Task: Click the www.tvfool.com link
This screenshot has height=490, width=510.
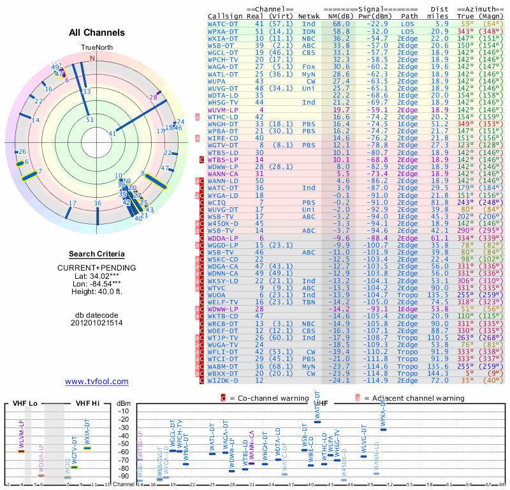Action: tap(97, 382)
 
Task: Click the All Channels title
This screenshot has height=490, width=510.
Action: tap(97, 33)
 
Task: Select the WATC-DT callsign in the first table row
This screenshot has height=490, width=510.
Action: tap(223, 24)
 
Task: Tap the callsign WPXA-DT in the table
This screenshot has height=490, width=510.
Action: tap(223, 31)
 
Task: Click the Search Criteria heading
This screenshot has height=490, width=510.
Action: tap(97, 254)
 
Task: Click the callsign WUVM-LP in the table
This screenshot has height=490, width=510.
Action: tap(223, 110)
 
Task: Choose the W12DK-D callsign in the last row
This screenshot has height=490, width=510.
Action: tap(223, 380)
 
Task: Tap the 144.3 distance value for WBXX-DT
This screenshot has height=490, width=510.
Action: tap(439, 373)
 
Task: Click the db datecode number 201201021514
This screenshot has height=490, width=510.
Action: tap(97, 323)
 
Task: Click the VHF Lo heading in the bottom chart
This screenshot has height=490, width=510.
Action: tap(25, 403)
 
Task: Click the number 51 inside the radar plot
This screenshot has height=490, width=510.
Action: tap(90, 119)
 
